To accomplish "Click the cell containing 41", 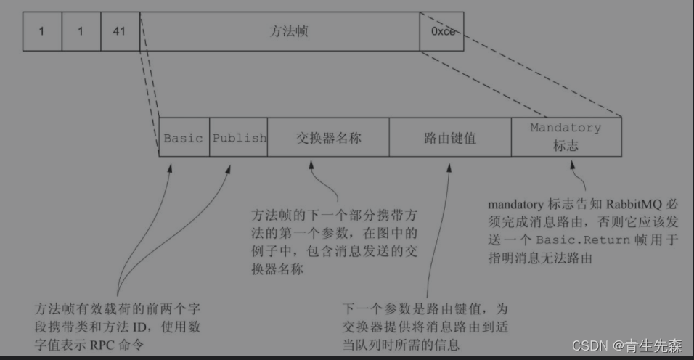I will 120,32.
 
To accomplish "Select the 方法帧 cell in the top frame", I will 279,32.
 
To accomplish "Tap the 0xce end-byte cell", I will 442,32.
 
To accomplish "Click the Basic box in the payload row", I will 184,137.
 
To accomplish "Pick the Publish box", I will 239,137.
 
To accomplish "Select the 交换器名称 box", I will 328,137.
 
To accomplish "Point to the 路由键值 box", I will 450,137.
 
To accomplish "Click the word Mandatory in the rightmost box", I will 566,128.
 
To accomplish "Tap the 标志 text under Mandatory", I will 566,145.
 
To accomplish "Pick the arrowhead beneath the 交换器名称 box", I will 311,166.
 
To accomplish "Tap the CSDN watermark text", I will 588,346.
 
